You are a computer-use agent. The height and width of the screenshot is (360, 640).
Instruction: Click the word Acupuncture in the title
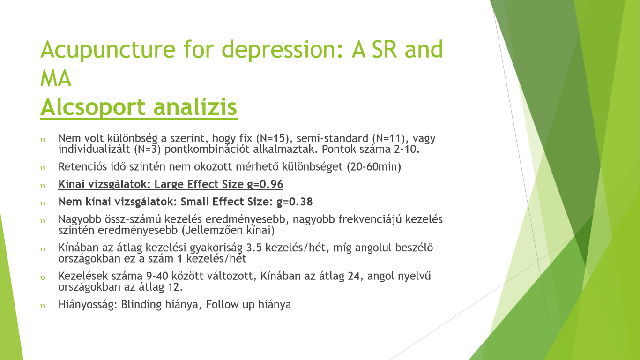point(108,50)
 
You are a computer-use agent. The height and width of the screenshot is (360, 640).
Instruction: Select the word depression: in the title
point(283,50)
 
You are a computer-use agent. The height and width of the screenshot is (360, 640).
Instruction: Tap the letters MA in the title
point(56,79)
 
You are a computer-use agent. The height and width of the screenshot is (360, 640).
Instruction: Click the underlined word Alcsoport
point(93,107)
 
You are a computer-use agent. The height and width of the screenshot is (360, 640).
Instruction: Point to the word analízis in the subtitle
point(195,107)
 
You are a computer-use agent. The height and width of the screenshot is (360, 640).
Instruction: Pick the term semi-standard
point(332,138)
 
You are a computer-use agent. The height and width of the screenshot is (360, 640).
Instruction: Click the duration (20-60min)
point(374,167)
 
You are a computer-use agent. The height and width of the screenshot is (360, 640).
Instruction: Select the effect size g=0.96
point(265,185)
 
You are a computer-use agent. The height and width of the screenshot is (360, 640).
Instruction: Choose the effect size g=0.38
point(295,202)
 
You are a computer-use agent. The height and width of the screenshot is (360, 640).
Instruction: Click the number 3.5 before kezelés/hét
point(254,247)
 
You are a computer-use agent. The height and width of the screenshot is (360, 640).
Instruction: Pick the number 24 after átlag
point(354,276)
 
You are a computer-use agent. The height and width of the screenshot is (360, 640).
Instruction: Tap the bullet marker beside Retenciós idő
point(43,168)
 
